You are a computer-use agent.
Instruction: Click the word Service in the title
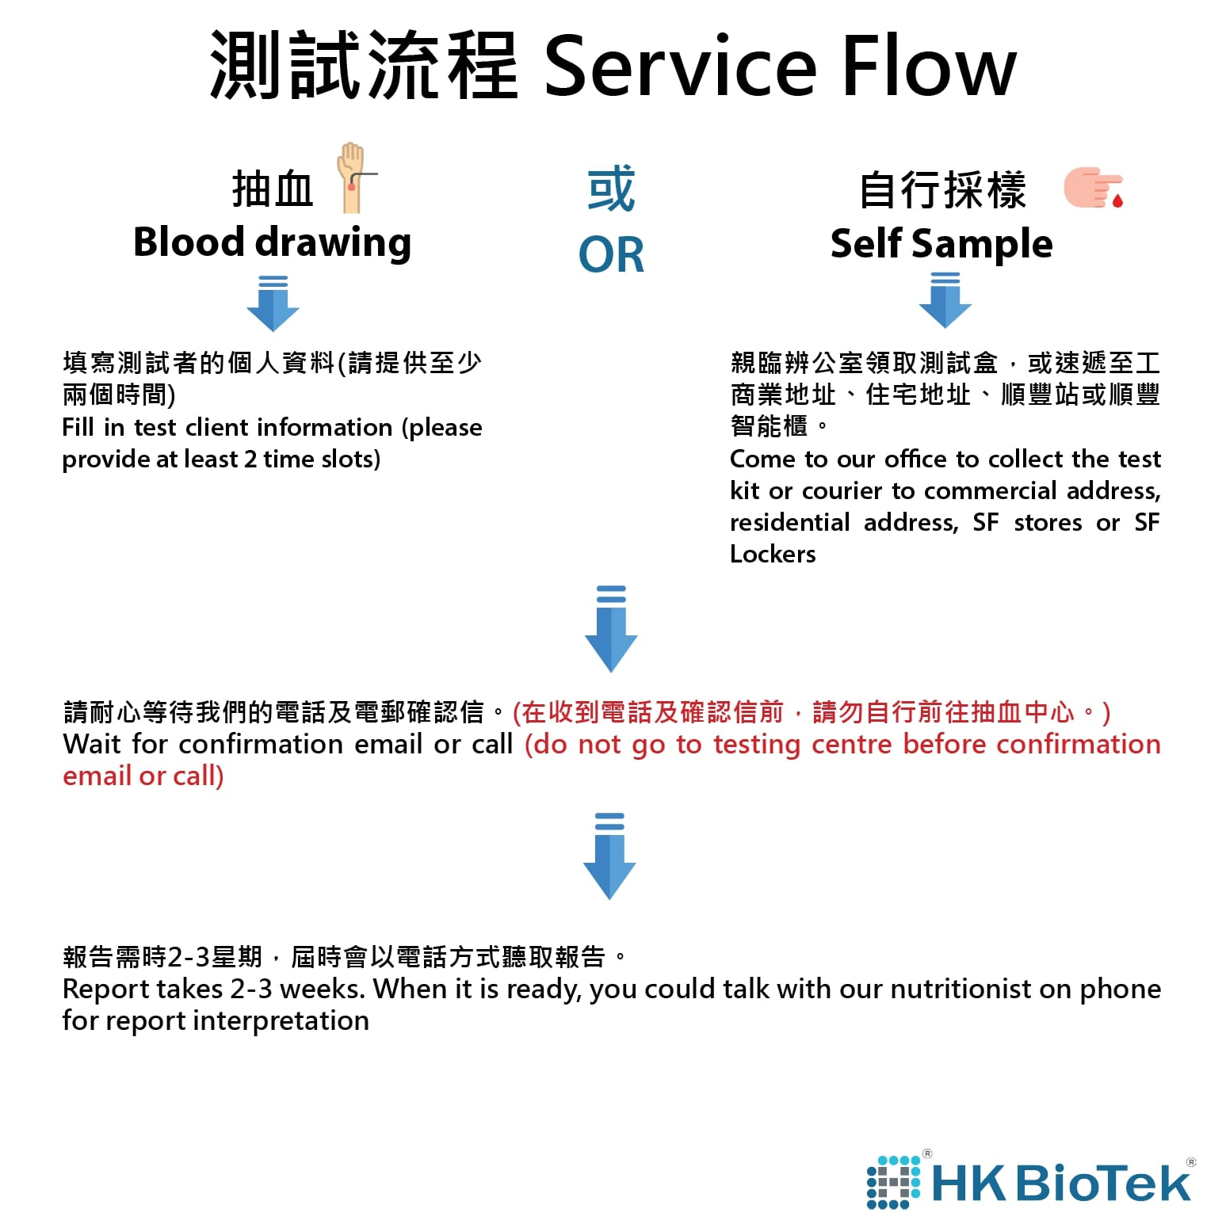(680, 67)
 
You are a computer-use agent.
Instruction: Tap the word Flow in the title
(928, 67)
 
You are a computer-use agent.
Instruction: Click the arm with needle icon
(353, 177)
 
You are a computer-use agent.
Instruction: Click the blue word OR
(611, 255)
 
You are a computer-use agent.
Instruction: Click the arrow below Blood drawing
(273, 303)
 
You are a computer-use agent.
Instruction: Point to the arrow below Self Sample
(945, 300)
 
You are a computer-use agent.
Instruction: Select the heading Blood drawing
(272, 242)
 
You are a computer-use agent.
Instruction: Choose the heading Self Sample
(941, 243)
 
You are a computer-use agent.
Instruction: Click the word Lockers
(773, 554)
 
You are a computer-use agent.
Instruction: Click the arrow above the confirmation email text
(611, 629)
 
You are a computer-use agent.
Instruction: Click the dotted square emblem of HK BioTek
(894, 1183)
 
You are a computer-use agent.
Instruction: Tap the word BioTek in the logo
(1102, 1183)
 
